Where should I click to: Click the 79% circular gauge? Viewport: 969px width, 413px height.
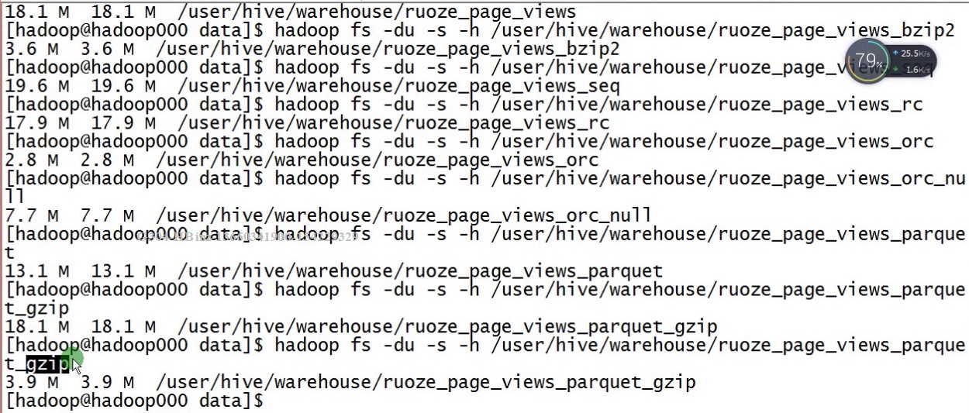(869, 60)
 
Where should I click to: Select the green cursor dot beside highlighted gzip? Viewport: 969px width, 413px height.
(72, 359)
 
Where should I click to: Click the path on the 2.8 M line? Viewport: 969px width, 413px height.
(377, 160)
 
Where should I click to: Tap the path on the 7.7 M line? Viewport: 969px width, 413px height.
(403, 215)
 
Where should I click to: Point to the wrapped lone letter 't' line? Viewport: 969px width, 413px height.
(9, 253)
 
